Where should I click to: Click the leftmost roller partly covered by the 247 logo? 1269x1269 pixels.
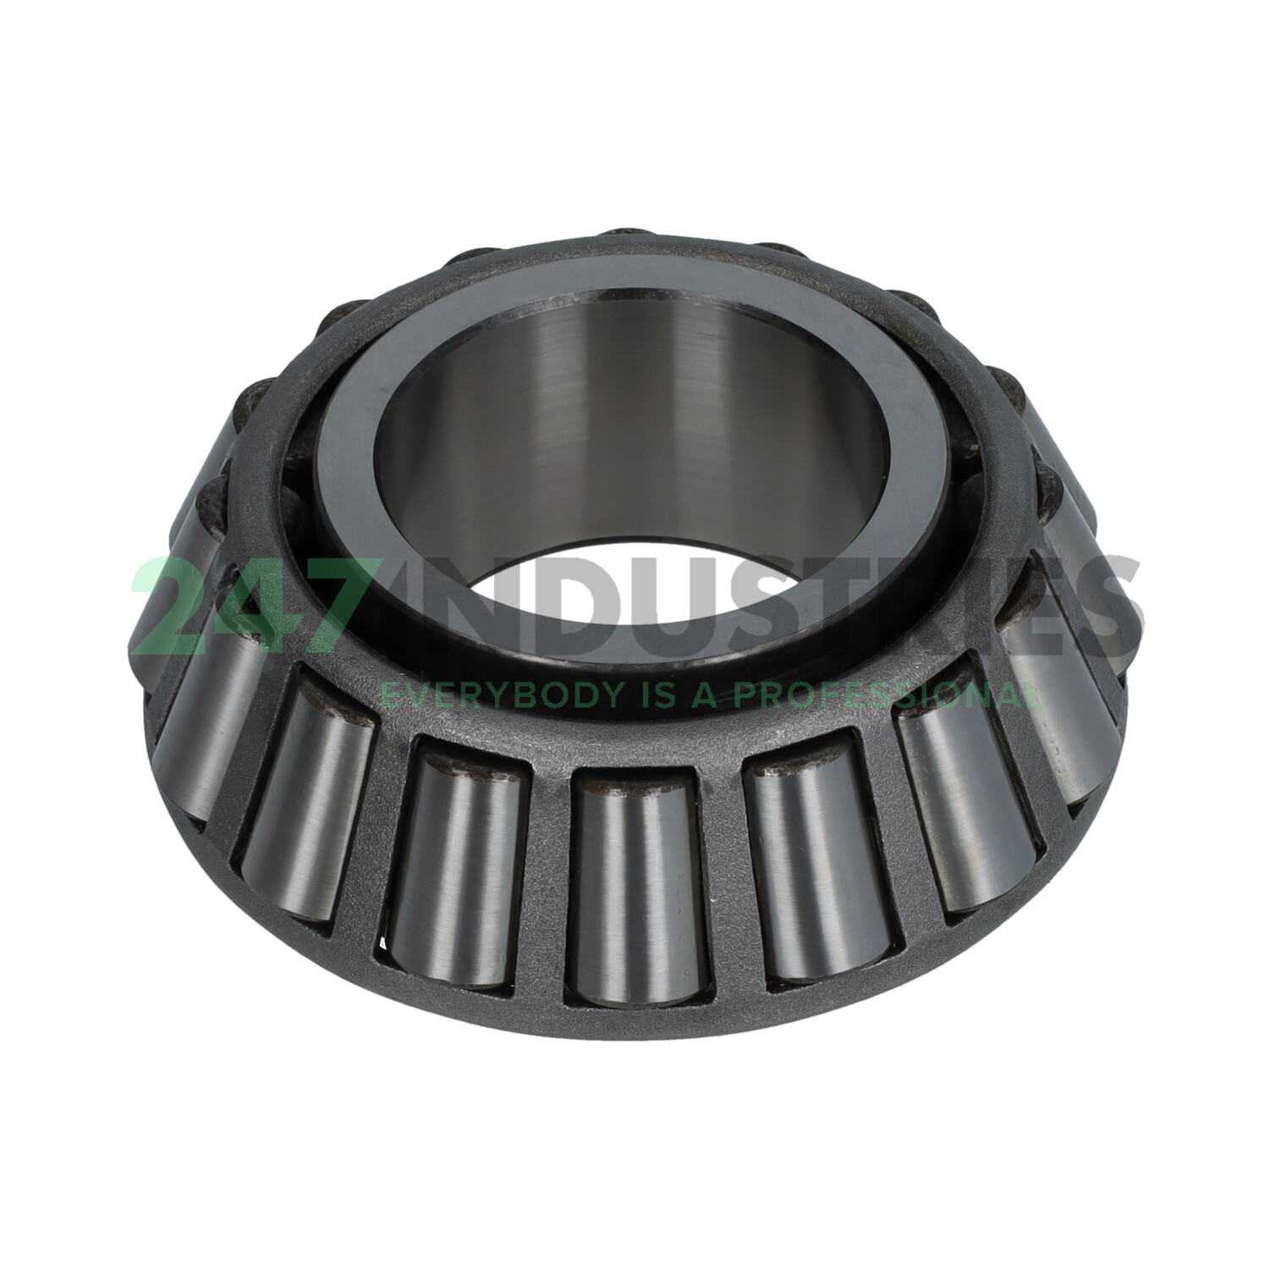[161, 618]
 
